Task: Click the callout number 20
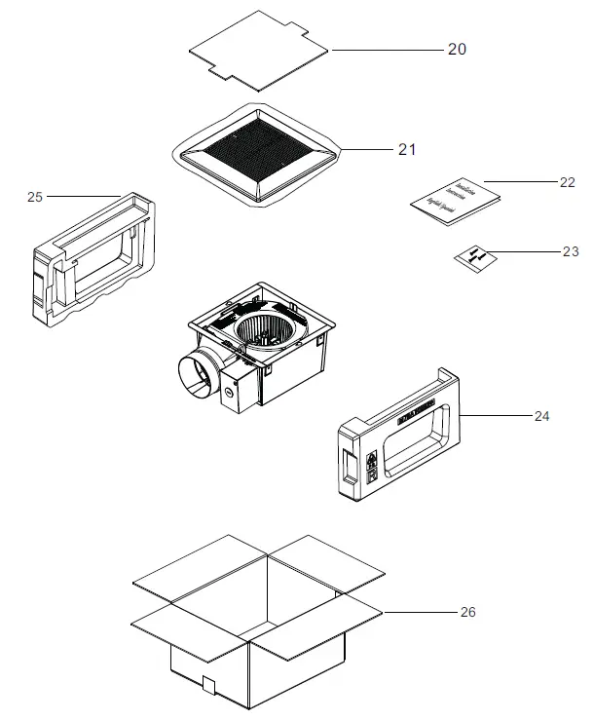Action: pos(457,50)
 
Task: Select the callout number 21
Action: pos(406,149)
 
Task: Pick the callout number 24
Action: pos(541,416)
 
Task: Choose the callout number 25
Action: pos(35,197)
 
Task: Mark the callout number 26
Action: pos(468,612)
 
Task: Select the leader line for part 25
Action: pos(82,197)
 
